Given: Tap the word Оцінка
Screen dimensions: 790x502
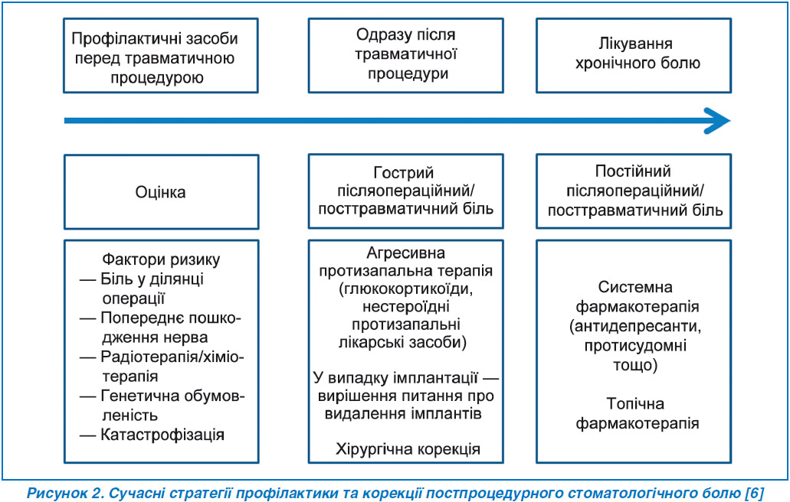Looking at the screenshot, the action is (x=160, y=192).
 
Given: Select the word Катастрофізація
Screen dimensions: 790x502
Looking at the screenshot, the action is (x=162, y=435).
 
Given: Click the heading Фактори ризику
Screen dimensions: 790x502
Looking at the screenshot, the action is (x=161, y=259).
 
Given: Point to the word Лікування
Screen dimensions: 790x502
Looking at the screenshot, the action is (x=635, y=44).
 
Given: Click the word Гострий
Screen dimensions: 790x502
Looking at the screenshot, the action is (x=404, y=173).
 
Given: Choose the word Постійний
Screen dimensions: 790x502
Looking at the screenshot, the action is (x=633, y=171).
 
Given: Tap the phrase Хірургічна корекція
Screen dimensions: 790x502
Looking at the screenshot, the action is (x=408, y=448).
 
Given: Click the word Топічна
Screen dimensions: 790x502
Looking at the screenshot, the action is (x=635, y=403).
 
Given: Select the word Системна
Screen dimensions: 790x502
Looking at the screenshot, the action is (x=635, y=287).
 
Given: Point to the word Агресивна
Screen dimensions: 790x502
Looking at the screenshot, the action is (x=405, y=253).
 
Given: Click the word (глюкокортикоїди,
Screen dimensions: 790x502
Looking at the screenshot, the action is (x=406, y=288).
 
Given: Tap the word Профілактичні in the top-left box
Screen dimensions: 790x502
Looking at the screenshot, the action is (x=128, y=39).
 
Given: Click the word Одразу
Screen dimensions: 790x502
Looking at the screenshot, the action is (x=377, y=34).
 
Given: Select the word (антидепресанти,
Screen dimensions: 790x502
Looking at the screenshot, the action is (x=635, y=327).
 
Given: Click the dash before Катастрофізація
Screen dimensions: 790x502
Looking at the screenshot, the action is (x=87, y=435).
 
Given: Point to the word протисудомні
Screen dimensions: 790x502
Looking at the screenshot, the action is (x=635, y=346).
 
